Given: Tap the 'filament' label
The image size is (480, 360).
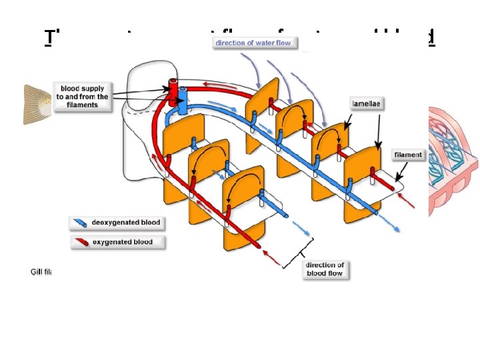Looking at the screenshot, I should [408, 155].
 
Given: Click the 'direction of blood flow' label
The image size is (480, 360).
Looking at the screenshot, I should [325, 269].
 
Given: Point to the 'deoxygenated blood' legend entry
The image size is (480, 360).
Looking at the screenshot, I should [117, 223].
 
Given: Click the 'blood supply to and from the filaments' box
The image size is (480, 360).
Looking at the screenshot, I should [84, 97].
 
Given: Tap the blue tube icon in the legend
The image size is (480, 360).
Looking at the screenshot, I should [81, 223].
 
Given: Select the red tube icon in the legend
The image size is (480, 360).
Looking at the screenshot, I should [81, 241].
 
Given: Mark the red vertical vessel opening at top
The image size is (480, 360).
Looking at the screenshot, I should [172, 86].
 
